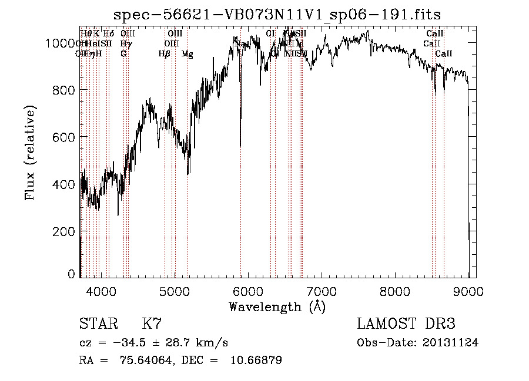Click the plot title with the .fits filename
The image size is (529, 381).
[277, 15]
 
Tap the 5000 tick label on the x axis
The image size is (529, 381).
[175, 291]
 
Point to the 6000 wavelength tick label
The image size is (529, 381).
[248, 291]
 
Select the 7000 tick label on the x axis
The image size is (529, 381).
[322, 291]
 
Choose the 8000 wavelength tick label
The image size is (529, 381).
[395, 291]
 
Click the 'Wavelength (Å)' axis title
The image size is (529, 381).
[277, 306]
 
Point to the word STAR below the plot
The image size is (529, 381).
[98, 325]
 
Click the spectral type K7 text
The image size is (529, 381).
[152, 325]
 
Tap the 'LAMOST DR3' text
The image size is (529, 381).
[406, 325]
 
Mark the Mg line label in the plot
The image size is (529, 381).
[187, 54]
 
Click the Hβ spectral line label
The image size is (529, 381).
[164, 54]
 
